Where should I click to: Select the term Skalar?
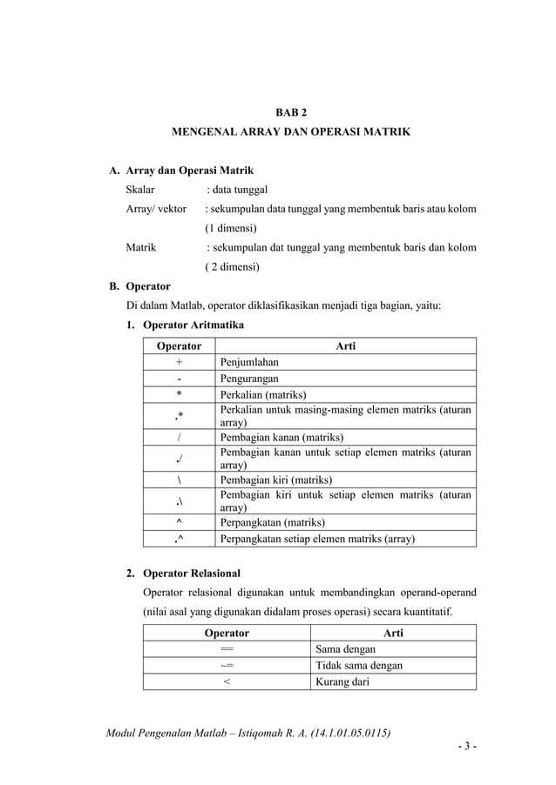141,189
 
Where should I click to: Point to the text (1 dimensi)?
230,229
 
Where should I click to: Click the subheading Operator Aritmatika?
193,325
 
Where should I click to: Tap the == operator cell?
226,649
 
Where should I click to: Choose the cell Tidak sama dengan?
358,666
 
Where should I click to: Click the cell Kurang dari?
342,682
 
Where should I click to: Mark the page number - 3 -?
465,748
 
